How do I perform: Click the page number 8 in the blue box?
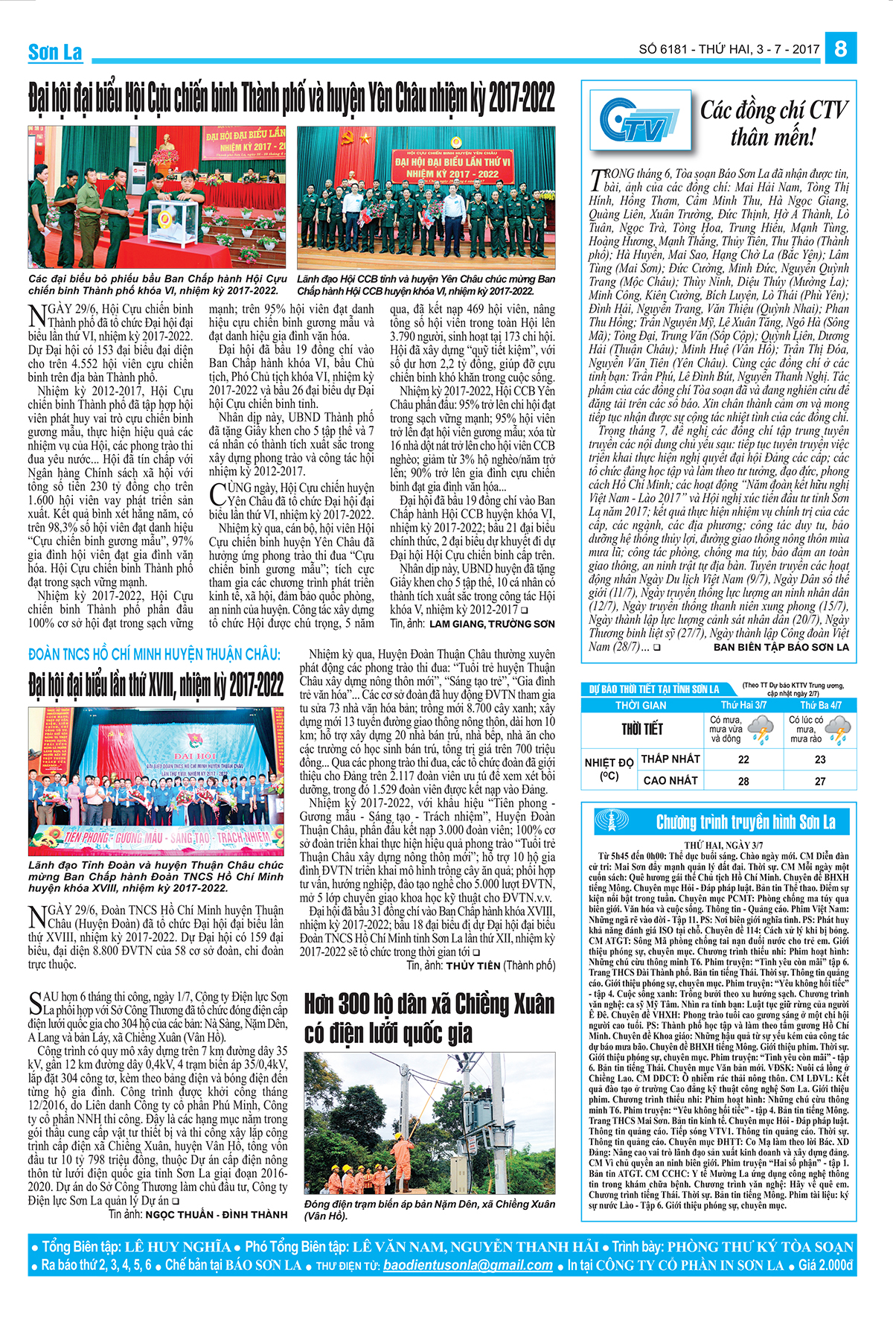(x=841, y=49)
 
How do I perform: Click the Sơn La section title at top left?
(x=55, y=52)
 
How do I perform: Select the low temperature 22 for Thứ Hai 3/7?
(x=743, y=759)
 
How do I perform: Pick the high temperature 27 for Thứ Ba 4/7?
(x=819, y=781)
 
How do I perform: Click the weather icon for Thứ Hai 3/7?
(x=761, y=729)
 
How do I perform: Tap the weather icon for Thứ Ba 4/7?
(x=839, y=729)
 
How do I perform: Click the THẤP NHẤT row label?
(x=670, y=759)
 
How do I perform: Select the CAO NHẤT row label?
(x=670, y=780)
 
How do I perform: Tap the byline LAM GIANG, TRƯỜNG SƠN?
(x=492, y=624)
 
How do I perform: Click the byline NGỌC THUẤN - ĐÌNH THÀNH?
(x=217, y=1214)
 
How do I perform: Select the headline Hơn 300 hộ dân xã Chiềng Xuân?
(x=429, y=1004)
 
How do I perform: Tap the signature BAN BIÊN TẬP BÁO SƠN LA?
(x=781, y=647)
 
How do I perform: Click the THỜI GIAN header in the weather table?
(x=641, y=705)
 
